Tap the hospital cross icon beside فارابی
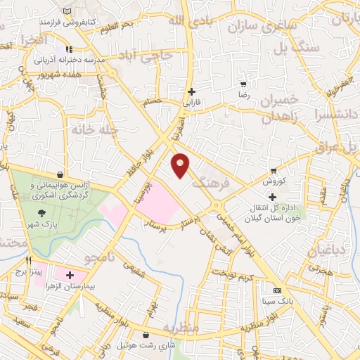pyautogui.click(x=191, y=91)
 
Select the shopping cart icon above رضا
pyautogui.click(x=243, y=84)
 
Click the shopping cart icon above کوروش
pyautogui.click(x=274, y=171)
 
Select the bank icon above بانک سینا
pyautogui.click(x=277, y=290)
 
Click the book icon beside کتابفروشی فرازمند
pyautogui.click(x=67, y=13)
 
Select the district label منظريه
pyautogui.click(x=181, y=328)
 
